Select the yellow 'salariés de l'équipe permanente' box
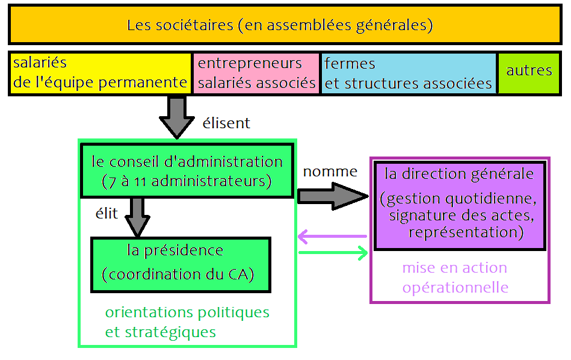coord(100,73)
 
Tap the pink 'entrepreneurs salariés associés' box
coord(256,73)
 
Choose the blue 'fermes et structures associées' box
coord(409,73)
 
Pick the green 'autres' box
coord(529,72)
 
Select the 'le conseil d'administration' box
coord(187,171)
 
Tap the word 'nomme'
coord(330,172)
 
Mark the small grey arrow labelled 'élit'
coord(138,217)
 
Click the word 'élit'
coord(107,213)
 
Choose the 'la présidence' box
coord(180,264)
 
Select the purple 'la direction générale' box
coord(461,205)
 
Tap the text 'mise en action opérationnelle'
coord(455,278)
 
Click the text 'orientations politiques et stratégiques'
coord(187,322)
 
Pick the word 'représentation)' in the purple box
coord(466,232)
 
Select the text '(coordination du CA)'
coord(178,274)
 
